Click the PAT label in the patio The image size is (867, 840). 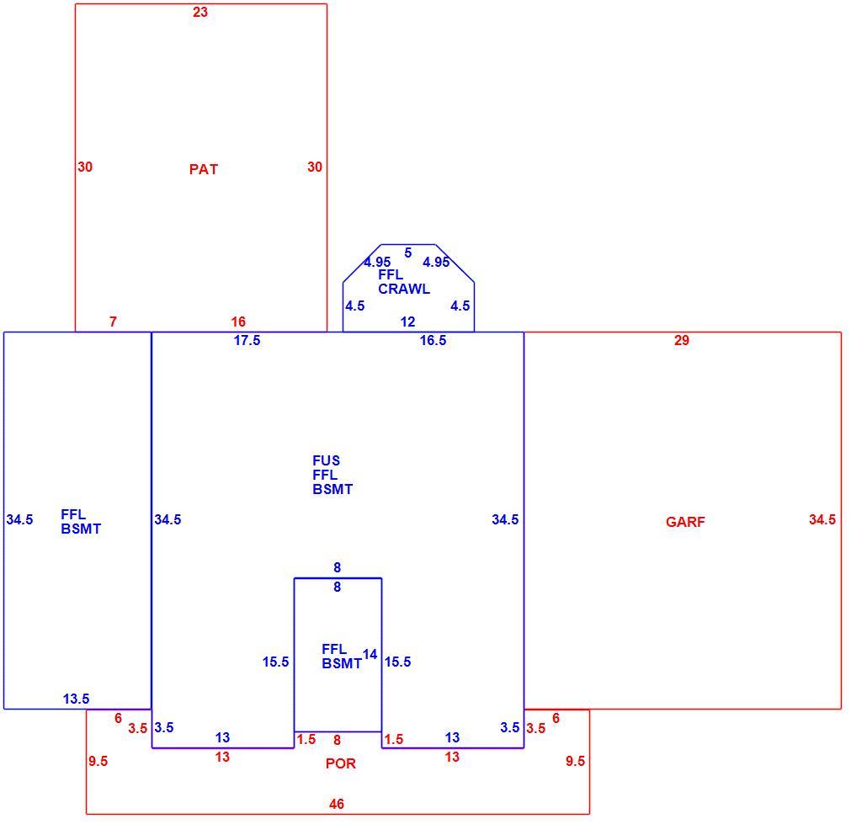(x=204, y=169)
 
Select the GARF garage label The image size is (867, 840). (x=685, y=522)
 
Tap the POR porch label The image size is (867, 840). (x=341, y=763)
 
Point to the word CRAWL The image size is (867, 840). (x=404, y=289)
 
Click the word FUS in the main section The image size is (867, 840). (x=327, y=460)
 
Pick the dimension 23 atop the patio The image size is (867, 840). (x=200, y=12)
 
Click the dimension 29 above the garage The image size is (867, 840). (x=682, y=341)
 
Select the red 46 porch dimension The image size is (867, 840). (x=337, y=804)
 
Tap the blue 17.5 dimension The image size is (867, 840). (x=247, y=341)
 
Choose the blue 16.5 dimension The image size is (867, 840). (x=433, y=341)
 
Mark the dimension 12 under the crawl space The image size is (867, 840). (x=407, y=322)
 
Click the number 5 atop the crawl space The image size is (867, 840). (x=408, y=253)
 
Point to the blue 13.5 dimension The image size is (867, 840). (x=77, y=699)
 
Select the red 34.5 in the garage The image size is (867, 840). (x=822, y=520)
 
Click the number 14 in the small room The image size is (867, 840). (x=370, y=655)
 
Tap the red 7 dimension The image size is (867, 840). (x=114, y=322)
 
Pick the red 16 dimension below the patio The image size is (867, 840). (x=238, y=322)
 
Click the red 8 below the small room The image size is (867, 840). (x=337, y=740)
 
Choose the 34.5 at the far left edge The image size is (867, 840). (x=20, y=520)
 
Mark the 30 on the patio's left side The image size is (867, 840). (x=85, y=167)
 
